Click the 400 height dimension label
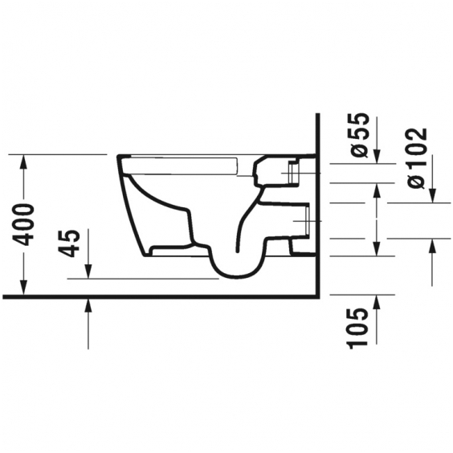24,224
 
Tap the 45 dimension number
69,243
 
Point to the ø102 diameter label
417,158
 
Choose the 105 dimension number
358,329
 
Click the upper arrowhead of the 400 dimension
23,162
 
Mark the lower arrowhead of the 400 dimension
23,288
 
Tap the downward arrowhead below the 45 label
88,271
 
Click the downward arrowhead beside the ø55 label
377,157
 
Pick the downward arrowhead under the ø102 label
432,196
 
